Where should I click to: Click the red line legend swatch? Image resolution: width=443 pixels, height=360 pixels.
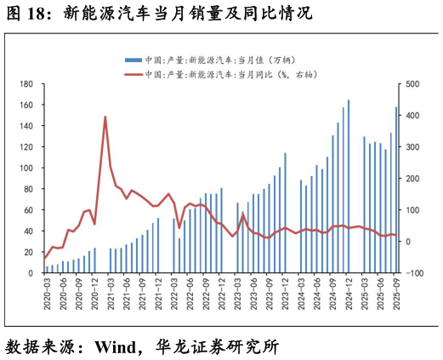click(133, 75)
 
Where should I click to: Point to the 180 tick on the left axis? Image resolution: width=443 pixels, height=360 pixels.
click(26, 84)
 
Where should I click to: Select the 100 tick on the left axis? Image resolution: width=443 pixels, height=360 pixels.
click(26, 168)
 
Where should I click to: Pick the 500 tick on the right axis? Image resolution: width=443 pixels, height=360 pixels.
click(412, 84)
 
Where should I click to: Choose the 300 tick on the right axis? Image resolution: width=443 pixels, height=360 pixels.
click(412, 147)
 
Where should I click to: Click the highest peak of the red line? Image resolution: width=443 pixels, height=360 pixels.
click(105, 117)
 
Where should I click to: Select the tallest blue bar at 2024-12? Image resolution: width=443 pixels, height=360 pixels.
click(349, 187)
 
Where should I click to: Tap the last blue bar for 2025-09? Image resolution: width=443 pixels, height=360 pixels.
click(396, 190)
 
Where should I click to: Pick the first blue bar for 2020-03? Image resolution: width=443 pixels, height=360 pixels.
click(47, 269)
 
